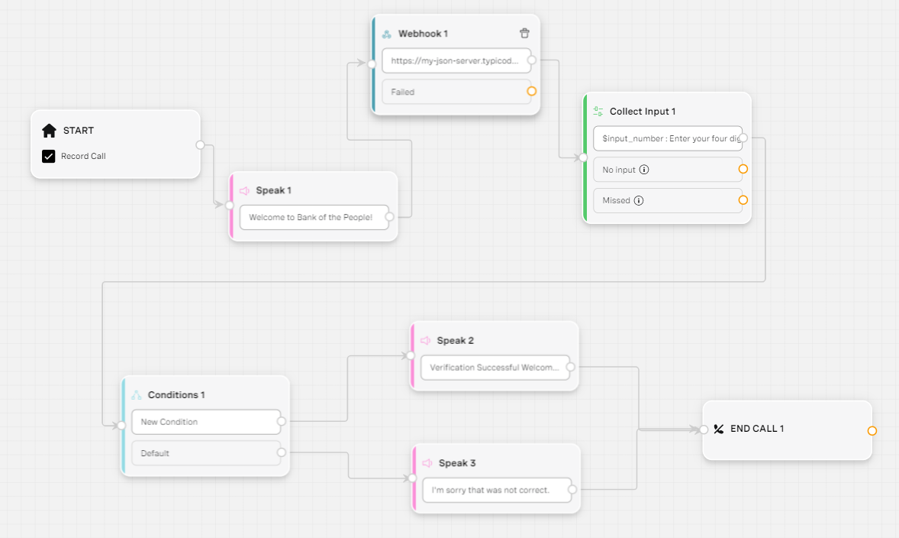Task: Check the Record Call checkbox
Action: point(49,156)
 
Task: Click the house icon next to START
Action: point(50,131)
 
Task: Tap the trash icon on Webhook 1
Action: point(524,34)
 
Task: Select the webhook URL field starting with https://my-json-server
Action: point(456,60)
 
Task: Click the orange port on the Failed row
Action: point(531,91)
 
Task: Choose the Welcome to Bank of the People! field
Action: point(314,217)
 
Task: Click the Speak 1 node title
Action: point(273,190)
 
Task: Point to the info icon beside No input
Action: point(644,170)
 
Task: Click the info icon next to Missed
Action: point(639,200)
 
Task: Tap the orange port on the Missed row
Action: point(743,200)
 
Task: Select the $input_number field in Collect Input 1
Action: point(668,138)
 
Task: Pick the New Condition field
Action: point(206,422)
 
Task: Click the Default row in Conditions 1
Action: point(206,453)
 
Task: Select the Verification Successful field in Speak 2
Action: point(495,368)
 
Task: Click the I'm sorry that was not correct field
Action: point(497,491)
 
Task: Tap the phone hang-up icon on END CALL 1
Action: point(718,429)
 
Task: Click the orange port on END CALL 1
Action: point(872,431)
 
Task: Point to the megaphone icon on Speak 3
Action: point(427,463)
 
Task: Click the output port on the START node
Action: point(200,144)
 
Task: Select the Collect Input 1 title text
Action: point(642,112)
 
